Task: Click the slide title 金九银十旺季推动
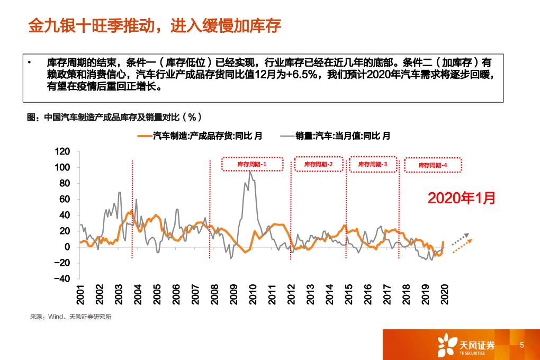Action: pos(154,26)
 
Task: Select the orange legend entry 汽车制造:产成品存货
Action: pos(200,136)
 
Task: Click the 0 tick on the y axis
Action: pos(67,247)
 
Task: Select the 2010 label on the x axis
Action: pos(253,294)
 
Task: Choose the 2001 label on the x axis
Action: pos(80,294)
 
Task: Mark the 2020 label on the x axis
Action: pos(445,294)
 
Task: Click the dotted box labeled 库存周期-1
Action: pos(252,164)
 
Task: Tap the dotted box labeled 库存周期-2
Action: pos(319,164)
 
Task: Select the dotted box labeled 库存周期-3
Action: pos(373,164)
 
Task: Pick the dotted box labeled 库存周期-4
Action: pos(433,165)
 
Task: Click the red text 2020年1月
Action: pos(462,198)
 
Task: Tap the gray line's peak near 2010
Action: pos(250,171)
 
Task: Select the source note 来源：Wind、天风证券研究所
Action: pos(70,317)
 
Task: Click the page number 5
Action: pos(522,345)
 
